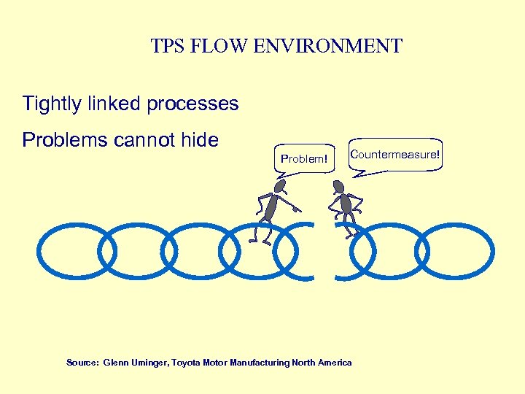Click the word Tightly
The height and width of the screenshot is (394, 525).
(x=51, y=104)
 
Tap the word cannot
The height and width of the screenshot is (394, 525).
(x=145, y=139)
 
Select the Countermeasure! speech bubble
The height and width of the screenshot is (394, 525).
(x=394, y=155)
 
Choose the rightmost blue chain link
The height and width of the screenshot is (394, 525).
(x=457, y=251)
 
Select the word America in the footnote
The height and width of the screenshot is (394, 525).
(x=335, y=363)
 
